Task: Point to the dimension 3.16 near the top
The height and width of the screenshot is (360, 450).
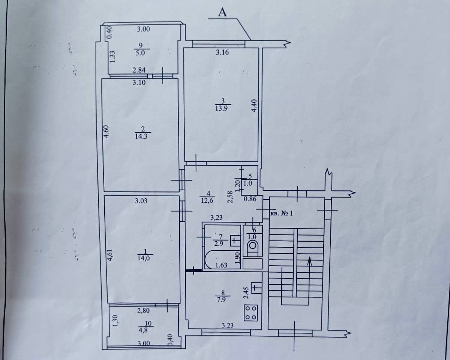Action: (x=222, y=53)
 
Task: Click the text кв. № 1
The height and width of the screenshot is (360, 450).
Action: (x=281, y=214)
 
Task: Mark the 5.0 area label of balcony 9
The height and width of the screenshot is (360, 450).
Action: (x=140, y=53)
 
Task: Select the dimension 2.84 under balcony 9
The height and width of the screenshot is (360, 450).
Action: (x=139, y=70)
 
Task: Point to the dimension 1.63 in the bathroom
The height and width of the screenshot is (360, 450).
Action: (x=221, y=266)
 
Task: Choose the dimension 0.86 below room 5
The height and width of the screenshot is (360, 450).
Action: (x=250, y=199)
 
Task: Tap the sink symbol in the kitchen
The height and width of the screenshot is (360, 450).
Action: (x=256, y=288)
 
